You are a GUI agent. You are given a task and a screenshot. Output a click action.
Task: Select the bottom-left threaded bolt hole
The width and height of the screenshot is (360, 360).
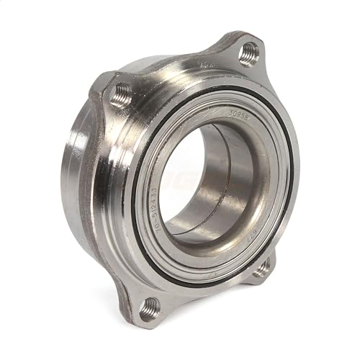tap(149, 307)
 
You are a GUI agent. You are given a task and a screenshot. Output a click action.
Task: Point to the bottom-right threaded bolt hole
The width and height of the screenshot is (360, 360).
tap(261, 268)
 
